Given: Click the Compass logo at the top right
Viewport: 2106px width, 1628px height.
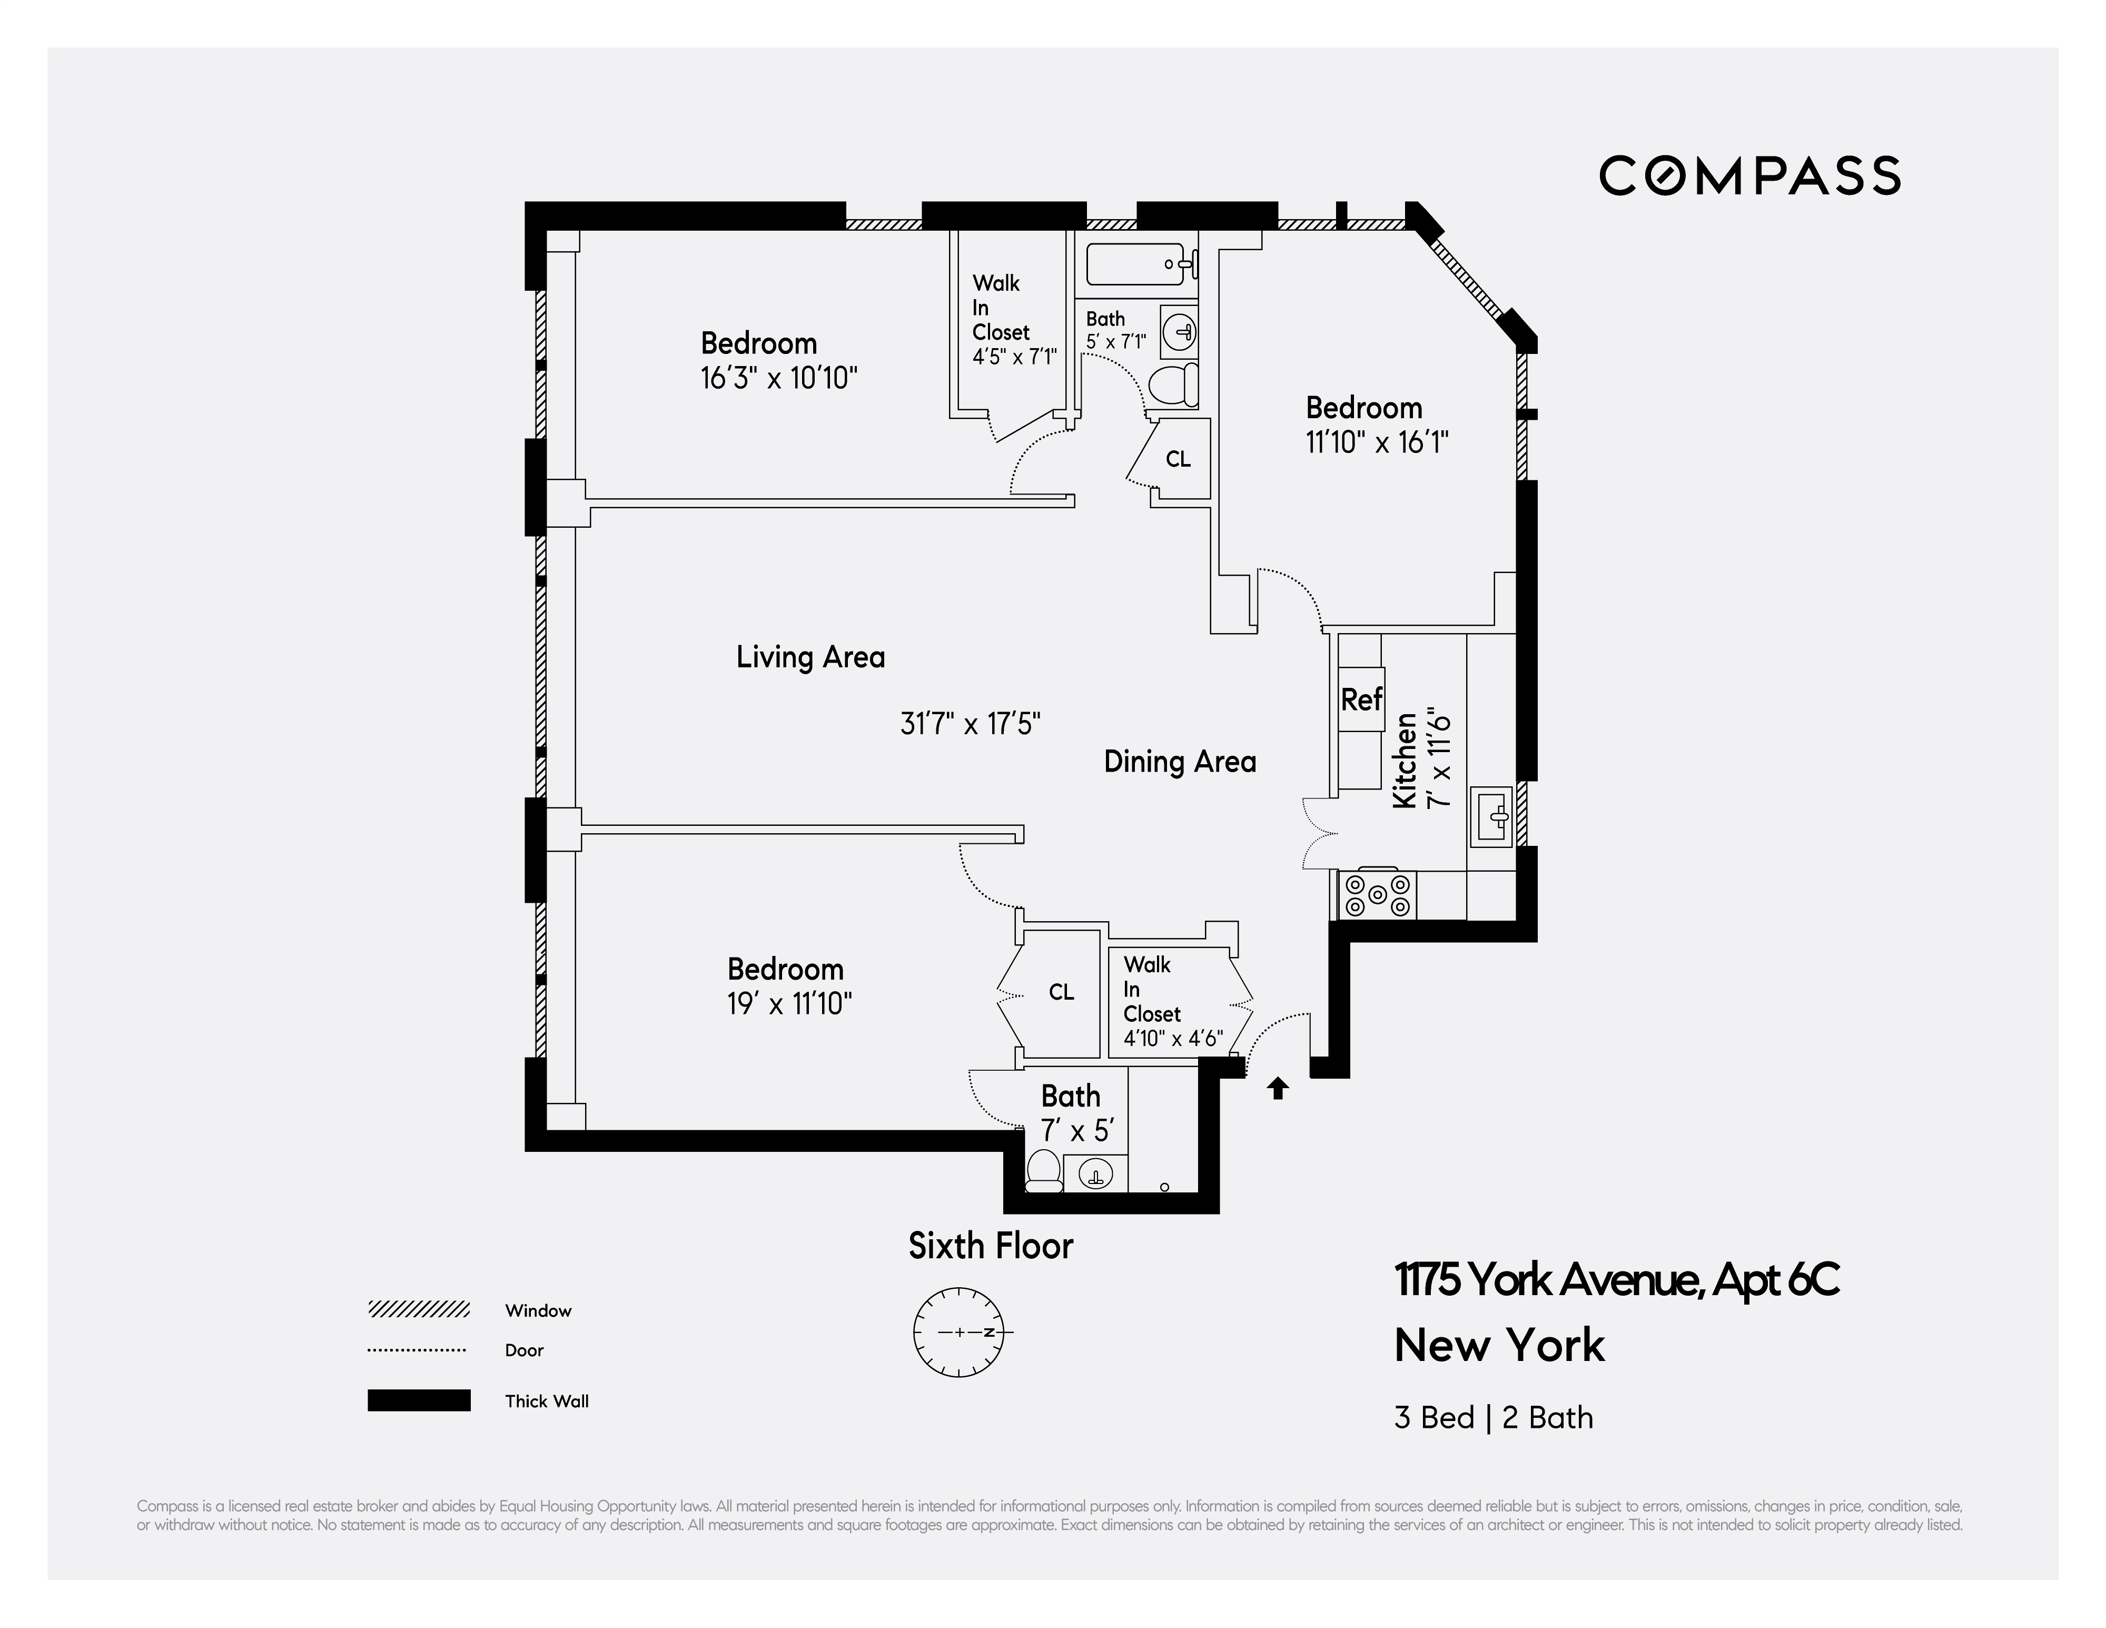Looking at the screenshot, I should click(1749, 175).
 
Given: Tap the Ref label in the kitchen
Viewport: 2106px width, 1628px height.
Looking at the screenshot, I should click(1361, 699).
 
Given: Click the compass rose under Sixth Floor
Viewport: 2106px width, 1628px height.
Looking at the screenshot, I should click(958, 1332).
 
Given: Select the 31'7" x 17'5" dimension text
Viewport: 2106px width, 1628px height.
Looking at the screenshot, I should click(970, 723).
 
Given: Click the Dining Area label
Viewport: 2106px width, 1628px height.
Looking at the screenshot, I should click(1179, 762).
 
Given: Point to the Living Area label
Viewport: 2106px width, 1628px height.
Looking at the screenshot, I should click(810, 658).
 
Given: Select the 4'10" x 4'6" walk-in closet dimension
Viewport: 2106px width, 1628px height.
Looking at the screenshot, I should click(1173, 1039).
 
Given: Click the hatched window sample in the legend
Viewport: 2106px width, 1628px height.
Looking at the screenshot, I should click(419, 1310).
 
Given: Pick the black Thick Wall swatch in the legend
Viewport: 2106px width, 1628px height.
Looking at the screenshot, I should click(419, 1400).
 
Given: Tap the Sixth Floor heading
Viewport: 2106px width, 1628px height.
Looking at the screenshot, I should click(990, 1246).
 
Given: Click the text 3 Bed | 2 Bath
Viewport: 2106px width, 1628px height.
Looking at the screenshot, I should click(1492, 1418).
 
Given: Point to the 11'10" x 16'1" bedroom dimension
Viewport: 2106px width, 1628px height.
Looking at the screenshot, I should click(1377, 443).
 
